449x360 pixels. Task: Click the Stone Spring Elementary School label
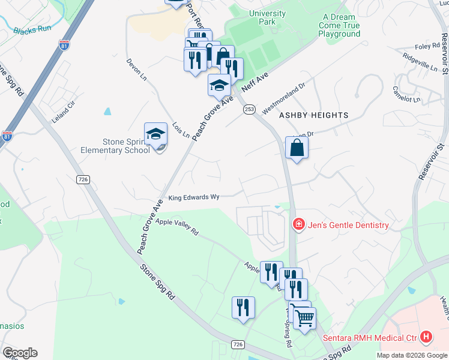coord(126,146)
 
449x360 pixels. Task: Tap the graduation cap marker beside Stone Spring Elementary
coord(155,135)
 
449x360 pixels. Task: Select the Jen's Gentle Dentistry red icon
coord(298,225)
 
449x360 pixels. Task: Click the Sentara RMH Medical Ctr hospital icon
coord(426,337)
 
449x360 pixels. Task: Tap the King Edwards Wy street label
coord(194,197)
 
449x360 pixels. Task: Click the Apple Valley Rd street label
coord(176,226)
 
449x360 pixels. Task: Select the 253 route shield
coord(249,109)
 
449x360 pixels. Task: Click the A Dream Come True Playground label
coord(340,26)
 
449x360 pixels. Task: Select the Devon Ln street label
coord(136,70)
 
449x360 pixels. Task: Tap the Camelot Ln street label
coord(406,94)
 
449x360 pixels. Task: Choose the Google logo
coord(20,353)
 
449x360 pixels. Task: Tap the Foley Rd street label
coord(427,46)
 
